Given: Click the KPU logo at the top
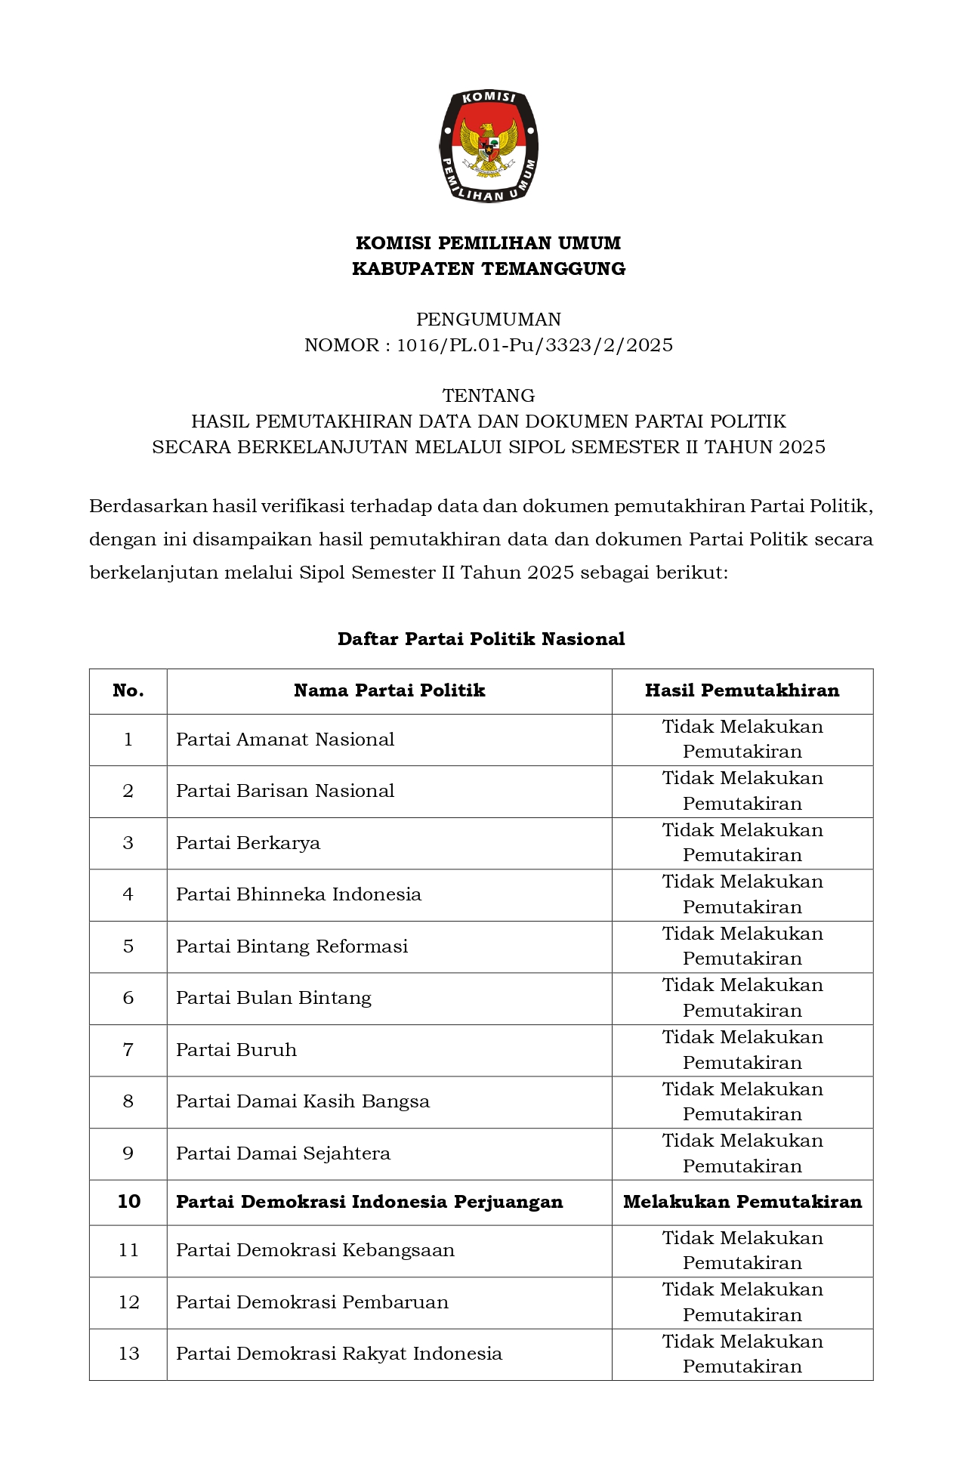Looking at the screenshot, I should click(x=489, y=147).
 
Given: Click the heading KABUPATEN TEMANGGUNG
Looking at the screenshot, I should click(x=489, y=269).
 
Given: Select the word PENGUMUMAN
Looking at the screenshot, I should click(x=489, y=320).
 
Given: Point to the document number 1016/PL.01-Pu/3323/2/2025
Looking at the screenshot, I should click(x=535, y=345).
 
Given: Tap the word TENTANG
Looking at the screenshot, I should click(x=489, y=396).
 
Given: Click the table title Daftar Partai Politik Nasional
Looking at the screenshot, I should click(x=481, y=639).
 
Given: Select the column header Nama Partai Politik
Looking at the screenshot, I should click(x=389, y=690).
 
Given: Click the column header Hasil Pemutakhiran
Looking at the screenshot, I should click(x=742, y=690).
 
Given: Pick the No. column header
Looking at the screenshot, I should click(x=128, y=690).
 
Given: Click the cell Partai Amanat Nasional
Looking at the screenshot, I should click(x=285, y=740).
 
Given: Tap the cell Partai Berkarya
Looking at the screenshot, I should click(x=248, y=843).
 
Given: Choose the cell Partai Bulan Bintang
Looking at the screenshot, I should click(x=273, y=998).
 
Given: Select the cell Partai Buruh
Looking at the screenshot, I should click(x=236, y=1050).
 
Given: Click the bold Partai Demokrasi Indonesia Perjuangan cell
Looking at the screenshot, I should click(x=369, y=1202).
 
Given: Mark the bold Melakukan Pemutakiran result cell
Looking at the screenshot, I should click(x=742, y=1202).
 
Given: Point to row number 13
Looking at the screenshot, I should click(x=128, y=1354).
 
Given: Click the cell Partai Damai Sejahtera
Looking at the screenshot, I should click(x=283, y=1153).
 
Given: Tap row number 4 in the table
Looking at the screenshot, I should click(x=128, y=894).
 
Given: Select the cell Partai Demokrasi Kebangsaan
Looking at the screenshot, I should click(x=315, y=1250).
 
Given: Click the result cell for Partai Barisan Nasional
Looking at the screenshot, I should click(x=742, y=791).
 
